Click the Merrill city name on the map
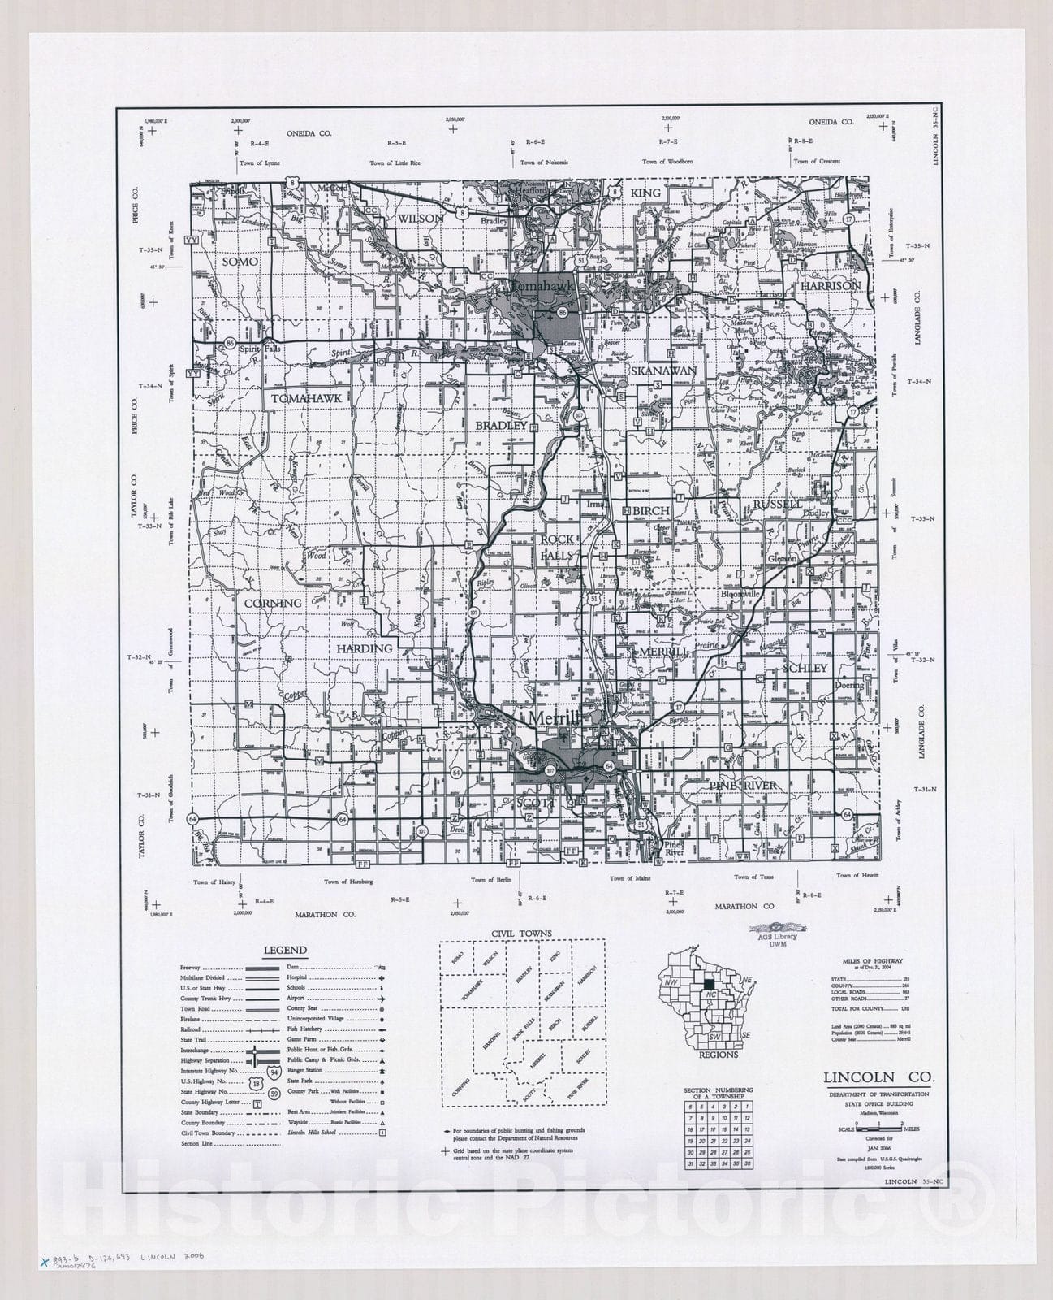tap(555, 718)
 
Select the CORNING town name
tap(273, 603)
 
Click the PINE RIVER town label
tap(743, 785)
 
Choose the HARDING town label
tap(365, 648)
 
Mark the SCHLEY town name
tap(805, 668)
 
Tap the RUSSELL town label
tap(777, 504)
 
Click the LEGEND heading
tap(284, 950)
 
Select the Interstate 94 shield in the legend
tap(274, 1072)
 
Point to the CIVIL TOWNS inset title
tap(522, 934)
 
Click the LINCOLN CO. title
tap(878, 1077)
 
